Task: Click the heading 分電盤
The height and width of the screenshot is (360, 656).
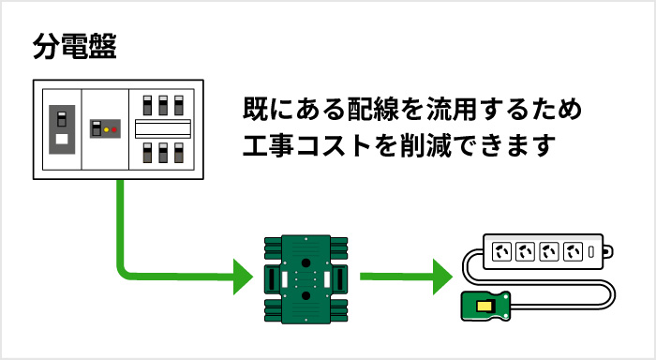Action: (74, 48)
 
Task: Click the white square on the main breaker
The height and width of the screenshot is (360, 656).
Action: (62, 141)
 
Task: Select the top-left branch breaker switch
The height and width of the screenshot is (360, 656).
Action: (147, 105)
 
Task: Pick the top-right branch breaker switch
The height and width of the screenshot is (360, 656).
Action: (177, 105)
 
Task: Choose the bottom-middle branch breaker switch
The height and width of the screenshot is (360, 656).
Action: (162, 152)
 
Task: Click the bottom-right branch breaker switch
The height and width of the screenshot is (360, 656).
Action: (177, 152)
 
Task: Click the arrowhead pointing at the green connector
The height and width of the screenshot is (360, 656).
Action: (244, 276)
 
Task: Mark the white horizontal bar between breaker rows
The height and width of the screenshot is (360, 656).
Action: (163, 128)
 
